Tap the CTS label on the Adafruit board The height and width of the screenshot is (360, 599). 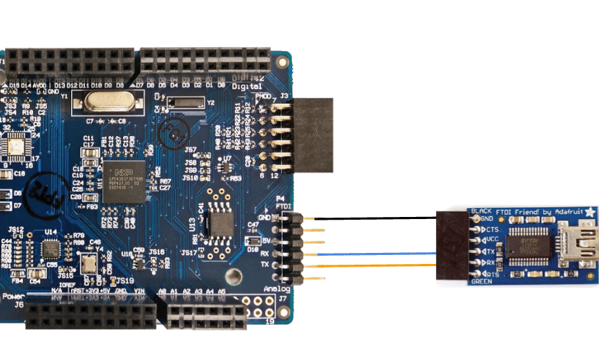click(492, 229)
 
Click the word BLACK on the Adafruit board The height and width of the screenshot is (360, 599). click(481, 210)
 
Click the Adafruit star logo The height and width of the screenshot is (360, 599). click(589, 210)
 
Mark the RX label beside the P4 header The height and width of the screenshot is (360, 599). click(265, 254)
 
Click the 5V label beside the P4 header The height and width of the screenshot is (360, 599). click(265, 240)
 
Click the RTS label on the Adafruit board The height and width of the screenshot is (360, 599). click(492, 274)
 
